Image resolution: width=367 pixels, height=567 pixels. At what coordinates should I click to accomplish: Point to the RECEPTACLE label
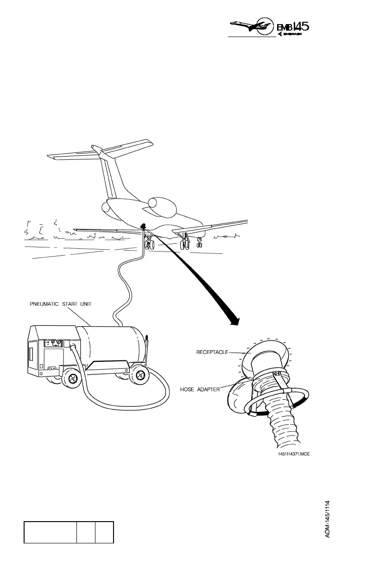click(212, 353)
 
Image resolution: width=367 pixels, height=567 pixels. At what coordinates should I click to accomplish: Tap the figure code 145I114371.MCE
click(291, 454)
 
